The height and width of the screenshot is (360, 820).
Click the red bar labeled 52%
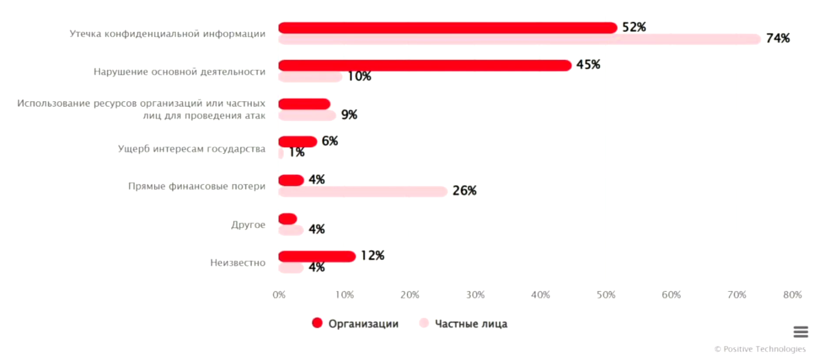pyautogui.click(x=448, y=28)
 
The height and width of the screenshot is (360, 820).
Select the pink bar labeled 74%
pyautogui.click(x=519, y=39)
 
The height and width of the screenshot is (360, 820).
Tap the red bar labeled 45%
pyautogui.click(x=425, y=66)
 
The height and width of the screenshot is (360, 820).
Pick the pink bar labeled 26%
pyautogui.click(x=363, y=191)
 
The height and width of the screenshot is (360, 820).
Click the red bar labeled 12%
pyautogui.click(x=317, y=256)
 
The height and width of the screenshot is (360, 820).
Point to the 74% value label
pyautogui.click(x=778, y=39)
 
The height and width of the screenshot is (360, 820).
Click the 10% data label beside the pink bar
pyautogui.click(x=359, y=77)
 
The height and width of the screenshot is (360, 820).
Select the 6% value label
pyautogui.click(x=329, y=141)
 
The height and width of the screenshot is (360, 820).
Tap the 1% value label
pyautogui.click(x=297, y=153)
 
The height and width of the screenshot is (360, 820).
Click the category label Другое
pyautogui.click(x=248, y=224)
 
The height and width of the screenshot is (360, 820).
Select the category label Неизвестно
pyautogui.click(x=238, y=263)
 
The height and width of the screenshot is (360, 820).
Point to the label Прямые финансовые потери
pyautogui.click(x=197, y=186)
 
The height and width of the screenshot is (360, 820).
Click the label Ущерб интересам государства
pyautogui.click(x=192, y=148)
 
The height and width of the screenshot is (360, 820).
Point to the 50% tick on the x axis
pyautogui.click(x=606, y=295)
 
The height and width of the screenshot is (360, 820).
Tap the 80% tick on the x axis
pyautogui.click(x=792, y=295)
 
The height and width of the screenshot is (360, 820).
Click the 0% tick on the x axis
pyautogui.click(x=279, y=295)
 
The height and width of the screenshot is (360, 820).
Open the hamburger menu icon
pyautogui.click(x=800, y=332)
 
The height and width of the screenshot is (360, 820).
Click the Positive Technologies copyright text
pyautogui.click(x=760, y=349)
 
